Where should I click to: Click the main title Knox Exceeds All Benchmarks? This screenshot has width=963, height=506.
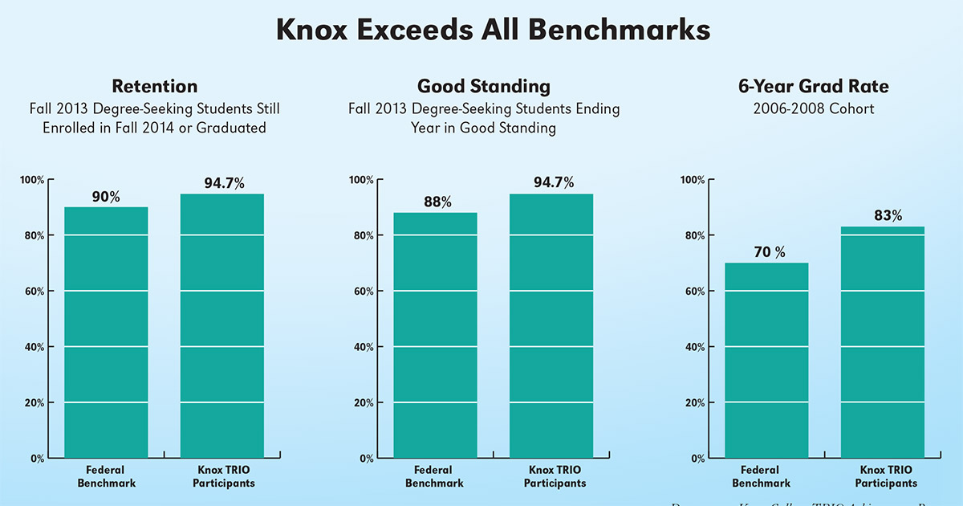click(x=493, y=30)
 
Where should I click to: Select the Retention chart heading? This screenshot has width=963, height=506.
click(x=154, y=87)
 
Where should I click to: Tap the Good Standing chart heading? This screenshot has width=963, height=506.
click(x=483, y=87)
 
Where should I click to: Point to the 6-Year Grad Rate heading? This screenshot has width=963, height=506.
click(x=814, y=87)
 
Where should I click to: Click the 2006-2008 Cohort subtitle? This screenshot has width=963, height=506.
click(x=814, y=108)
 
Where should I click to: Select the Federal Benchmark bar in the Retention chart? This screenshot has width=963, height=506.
click(x=106, y=333)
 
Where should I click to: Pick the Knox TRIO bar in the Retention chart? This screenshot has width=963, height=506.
click(x=222, y=325)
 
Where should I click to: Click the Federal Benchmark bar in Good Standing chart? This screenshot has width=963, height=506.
click(x=435, y=336)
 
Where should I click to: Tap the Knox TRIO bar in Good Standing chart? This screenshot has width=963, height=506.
click(x=551, y=325)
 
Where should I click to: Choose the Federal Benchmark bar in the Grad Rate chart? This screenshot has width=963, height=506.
click(x=766, y=361)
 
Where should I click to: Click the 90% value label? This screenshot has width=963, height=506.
click(x=105, y=197)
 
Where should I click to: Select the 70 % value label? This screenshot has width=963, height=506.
click(x=769, y=252)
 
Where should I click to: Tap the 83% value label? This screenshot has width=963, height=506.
click(x=887, y=216)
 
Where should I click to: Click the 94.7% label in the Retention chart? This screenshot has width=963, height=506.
click(x=224, y=183)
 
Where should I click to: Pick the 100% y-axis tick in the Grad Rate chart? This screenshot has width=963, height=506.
click(x=692, y=180)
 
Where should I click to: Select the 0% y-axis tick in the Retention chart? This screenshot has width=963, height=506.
click(x=37, y=459)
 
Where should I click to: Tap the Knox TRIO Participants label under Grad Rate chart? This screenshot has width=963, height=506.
click(x=886, y=477)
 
